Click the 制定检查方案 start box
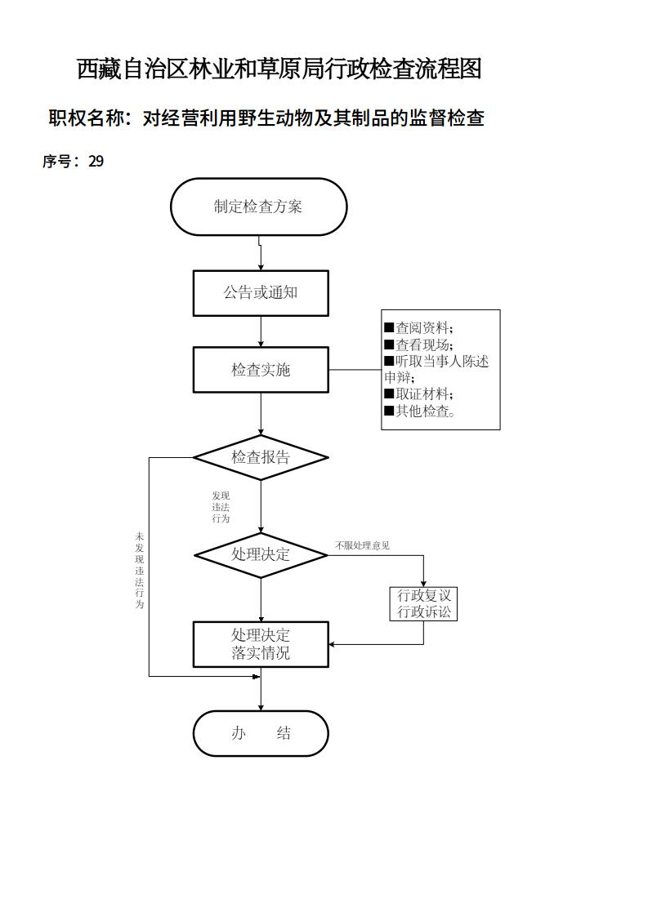click(258, 207)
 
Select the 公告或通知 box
click(261, 292)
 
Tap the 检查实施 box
click(261, 370)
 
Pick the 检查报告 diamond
click(261, 457)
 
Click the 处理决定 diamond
click(261, 554)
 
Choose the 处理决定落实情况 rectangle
click(261, 644)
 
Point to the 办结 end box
click(261, 733)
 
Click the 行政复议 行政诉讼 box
click(423, 603)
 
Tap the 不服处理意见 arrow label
click(362, 545)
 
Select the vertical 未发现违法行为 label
click(140, 571)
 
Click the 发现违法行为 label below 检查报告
click(221, 507)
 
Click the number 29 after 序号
click(96, 162)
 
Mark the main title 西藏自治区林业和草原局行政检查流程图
click(279, 69)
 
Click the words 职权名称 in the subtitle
click(87, 118)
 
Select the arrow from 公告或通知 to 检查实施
click(261, 331)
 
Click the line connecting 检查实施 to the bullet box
click(355, 370)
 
